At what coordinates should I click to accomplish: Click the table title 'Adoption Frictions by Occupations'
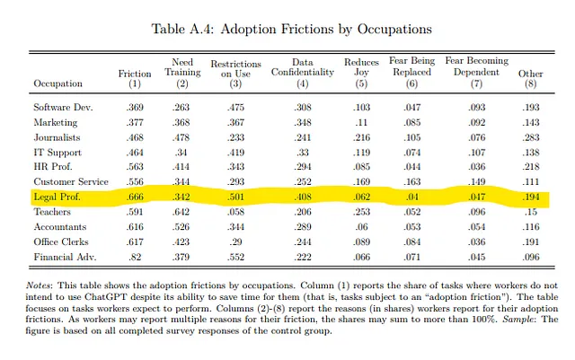point(326,29)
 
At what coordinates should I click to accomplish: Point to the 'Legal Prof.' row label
point(57,197)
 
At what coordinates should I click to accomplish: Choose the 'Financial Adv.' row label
point(65,257)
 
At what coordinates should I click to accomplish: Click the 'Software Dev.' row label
point(63,108)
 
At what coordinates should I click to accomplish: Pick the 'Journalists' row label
point(57,137)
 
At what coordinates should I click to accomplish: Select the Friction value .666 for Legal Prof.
point(135,197)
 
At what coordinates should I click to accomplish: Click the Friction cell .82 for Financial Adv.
point(135,257)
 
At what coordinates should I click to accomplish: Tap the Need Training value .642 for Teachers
point(181,212)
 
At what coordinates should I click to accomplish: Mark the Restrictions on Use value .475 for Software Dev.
point(235,108)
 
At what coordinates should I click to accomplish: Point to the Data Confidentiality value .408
point(303,197)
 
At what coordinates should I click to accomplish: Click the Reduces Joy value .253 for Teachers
point(361,212)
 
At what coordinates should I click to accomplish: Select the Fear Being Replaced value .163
point(411,182)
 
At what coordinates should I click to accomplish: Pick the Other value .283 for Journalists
point(531,137)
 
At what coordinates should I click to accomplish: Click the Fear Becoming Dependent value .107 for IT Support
point(477,153)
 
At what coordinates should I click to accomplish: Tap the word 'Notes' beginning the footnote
point(39,285)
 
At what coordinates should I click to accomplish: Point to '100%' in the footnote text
point(483,320)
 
